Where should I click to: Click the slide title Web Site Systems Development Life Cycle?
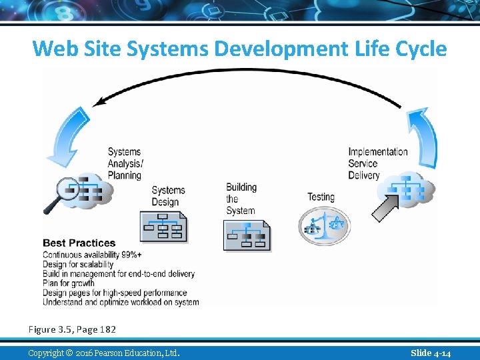239,49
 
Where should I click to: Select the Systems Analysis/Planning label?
125,163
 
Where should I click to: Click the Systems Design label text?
168,196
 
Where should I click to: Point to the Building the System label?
241,199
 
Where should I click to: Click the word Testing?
321,197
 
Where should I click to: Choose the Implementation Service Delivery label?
377,163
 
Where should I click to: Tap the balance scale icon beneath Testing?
323,225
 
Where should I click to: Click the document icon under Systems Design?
163,227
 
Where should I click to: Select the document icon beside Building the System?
247,233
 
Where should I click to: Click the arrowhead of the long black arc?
100,103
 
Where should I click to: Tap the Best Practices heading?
79,243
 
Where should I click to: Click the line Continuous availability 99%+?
92,255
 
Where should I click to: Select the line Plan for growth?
69,283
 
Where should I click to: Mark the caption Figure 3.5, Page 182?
72,329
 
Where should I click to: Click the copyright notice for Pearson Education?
103,353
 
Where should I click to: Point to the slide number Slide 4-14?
430,353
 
